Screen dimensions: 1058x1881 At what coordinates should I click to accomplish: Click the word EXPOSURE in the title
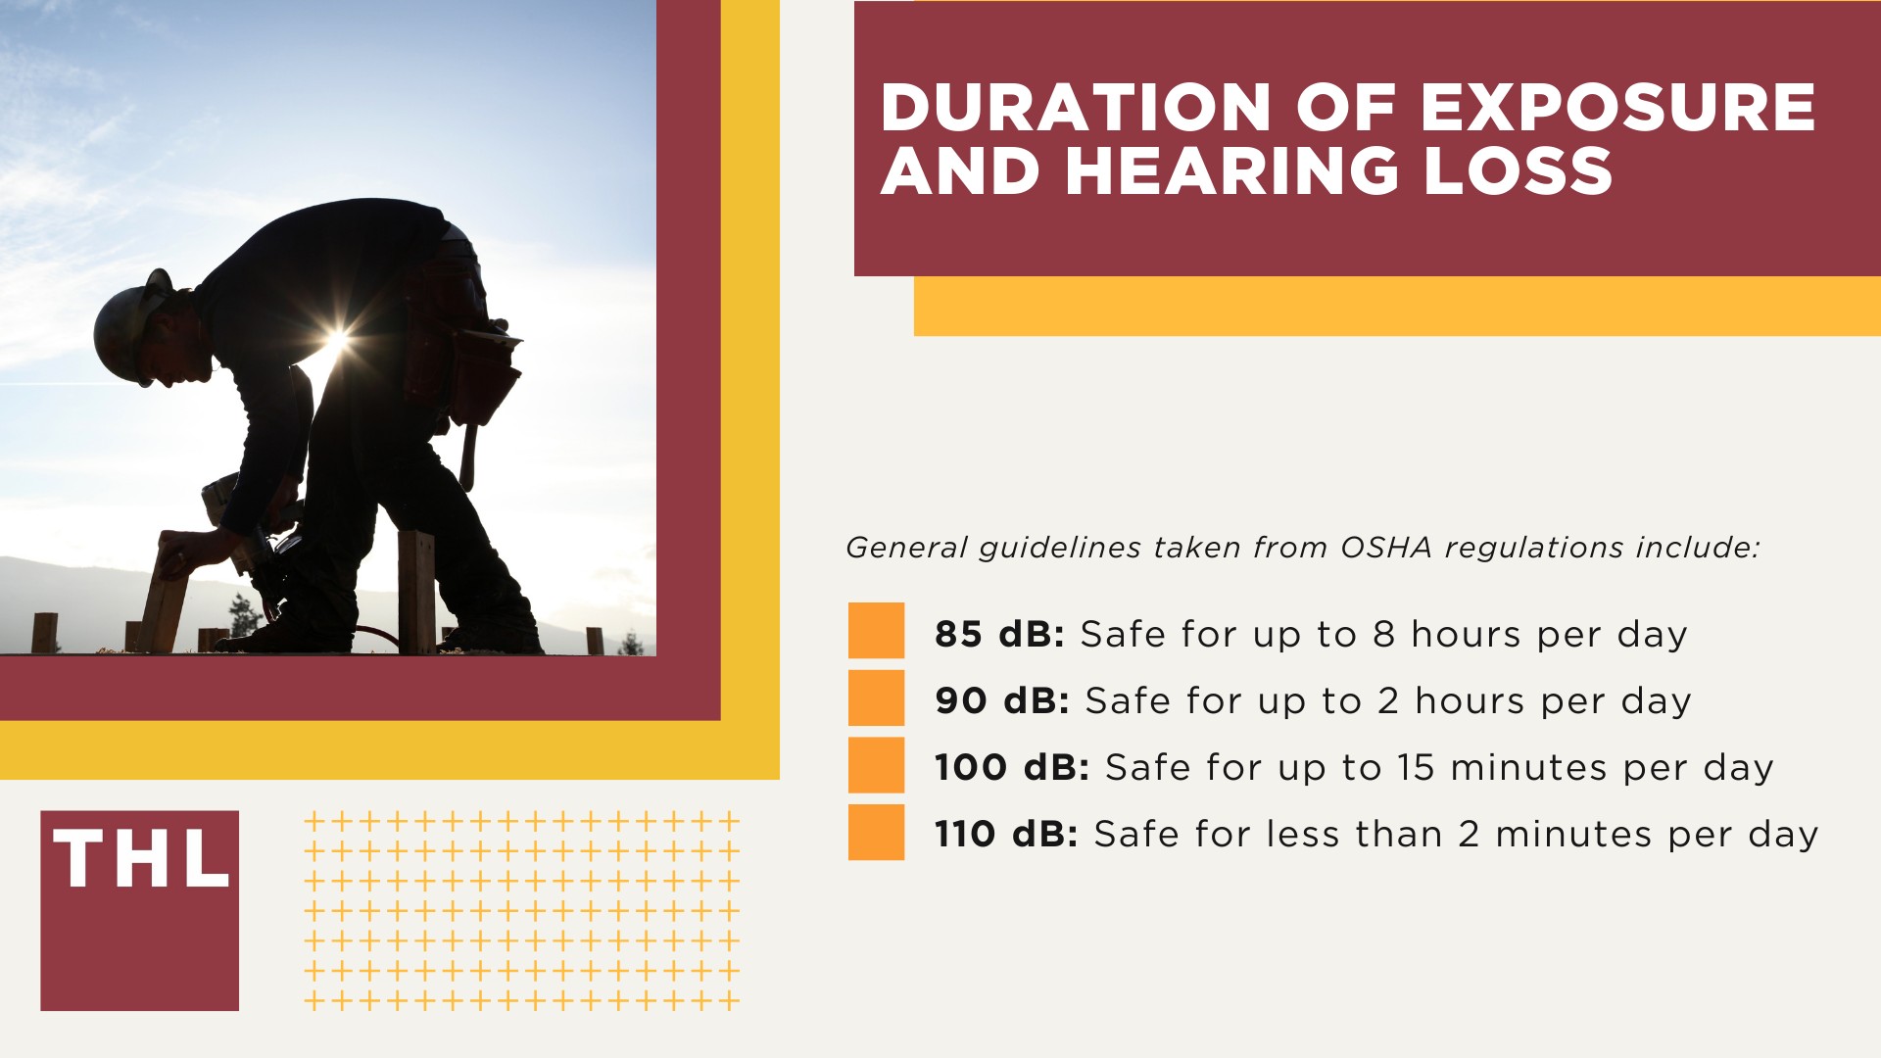(x=1617, y=108)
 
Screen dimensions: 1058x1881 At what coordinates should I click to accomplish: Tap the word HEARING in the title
(x=1232, y=171)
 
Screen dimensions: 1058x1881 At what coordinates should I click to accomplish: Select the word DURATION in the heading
(x=1075, y=108)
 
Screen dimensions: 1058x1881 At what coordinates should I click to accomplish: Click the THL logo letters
(x=141, y=860)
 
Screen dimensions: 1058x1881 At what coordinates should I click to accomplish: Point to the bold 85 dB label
(x=998, y=635)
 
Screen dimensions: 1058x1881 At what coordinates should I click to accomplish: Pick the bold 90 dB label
(x=1001, y=701)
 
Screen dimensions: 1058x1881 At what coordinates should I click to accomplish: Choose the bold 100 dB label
(x=1011, y=768)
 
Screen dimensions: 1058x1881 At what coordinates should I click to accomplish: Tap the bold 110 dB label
(x=1005, y=835)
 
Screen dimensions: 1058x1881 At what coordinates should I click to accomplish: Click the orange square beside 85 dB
(x=876, y=630)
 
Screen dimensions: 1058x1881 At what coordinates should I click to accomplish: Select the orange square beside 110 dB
(x=876, y=832)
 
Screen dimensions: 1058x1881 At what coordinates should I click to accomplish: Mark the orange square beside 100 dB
(x=876, y=765)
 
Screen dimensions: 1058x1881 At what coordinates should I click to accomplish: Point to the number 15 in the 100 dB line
(x=1416, y=768)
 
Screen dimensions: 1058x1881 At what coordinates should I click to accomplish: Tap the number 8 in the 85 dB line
(x=1383, y=635)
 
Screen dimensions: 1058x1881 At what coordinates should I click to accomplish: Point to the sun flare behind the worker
(x=336, y=342)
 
